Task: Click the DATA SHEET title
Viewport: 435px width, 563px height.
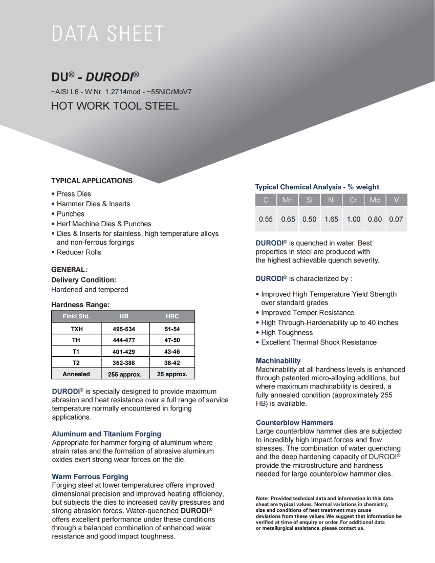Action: (x=107, y=34)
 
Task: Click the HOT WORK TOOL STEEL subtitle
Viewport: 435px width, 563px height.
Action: (x=115, y=106)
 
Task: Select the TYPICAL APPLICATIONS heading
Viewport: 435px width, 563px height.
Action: (x=92, y=181)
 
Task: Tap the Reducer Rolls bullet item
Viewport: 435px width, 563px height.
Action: (x=79, y=252)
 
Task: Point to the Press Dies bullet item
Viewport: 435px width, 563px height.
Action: (x=74, y=194)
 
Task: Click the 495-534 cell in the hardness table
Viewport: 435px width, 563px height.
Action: (x=124, y=329)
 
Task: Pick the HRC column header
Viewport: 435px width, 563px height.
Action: (x=172, y=316)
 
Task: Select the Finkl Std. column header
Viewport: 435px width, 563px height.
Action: (x=76, y=316)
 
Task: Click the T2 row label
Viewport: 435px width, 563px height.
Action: (x=76, y=363)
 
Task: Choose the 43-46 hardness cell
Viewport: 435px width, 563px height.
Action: (x=172, y=352)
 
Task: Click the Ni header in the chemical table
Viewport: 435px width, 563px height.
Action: (x=331, y=200)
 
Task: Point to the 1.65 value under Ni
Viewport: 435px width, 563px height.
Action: (x=331, y=219)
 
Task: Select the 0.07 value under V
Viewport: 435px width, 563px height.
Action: (x=396, y=219)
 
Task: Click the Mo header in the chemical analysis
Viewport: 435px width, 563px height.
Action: (x=375, y=200)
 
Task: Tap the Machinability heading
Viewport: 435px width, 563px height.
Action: (x=278, y=361)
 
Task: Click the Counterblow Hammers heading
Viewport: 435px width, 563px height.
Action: (x=294, y=423)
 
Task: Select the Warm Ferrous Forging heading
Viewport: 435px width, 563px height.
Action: (x=90, y=477)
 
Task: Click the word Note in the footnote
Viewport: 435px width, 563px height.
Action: (x=262, y=498)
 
